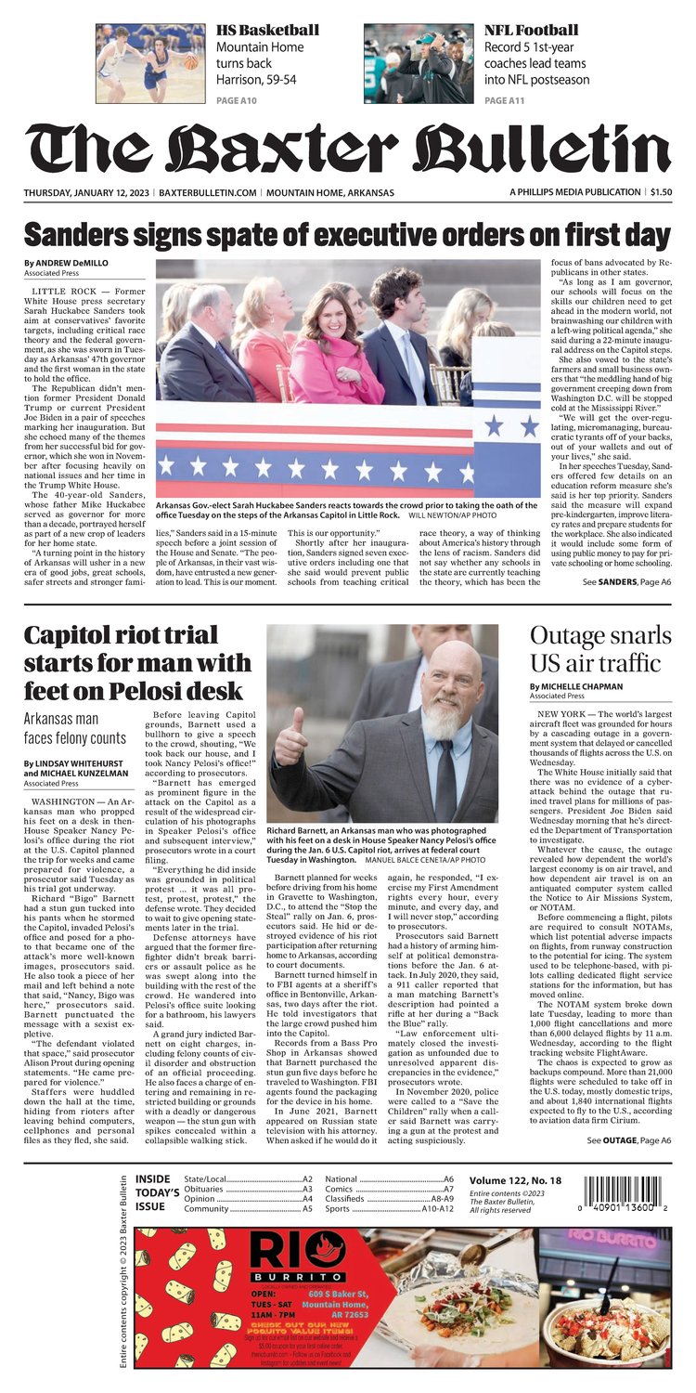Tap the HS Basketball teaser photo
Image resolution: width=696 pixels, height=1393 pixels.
(x=150, y=63)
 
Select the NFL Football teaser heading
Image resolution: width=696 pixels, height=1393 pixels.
(x=531, y=30)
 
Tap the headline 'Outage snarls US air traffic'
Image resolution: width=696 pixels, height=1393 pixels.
(x=599, y=649)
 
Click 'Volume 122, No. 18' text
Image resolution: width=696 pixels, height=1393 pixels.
(x=512, y=1179)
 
